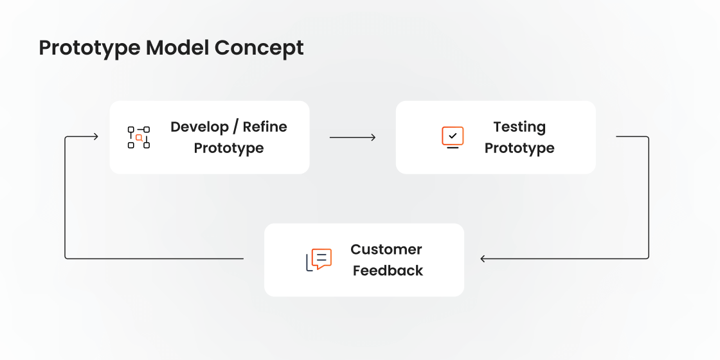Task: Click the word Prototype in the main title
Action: (x=89, y=48)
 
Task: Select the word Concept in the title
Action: (x=259, y=48)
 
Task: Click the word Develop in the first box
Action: (x=198, y=127)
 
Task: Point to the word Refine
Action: (x=265, y=127)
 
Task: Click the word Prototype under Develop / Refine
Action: (x=229, y=148)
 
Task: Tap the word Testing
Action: (x=519, y=127)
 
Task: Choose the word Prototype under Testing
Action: (x=519, y=148)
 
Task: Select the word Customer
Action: (x=386, y=249)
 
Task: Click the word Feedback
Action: (x=388, y=271)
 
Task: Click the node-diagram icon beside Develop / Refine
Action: (x=138, y=137)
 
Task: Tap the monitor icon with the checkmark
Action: (x=453, y=137)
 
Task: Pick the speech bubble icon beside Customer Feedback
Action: (x=319, y=260)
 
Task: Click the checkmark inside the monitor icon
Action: (x=453, y=136)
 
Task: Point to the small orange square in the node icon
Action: (x=139, y=138)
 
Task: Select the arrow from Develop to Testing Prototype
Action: (x=352, y=137)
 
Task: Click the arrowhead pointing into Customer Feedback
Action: (x=483, y=259)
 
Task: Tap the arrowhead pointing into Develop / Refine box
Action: (x=95, y=136)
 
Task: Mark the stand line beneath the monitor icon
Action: (x=453, y=148)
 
